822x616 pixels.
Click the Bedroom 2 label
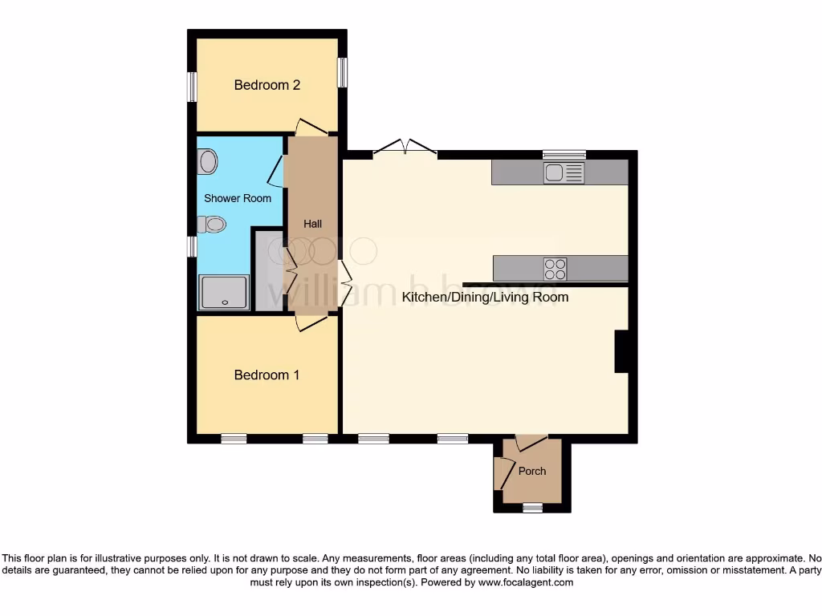(267, 85)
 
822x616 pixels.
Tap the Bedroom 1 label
(267, 375)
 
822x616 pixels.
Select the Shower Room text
(238, 198)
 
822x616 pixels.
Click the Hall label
(312, 224)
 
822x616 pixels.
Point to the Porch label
(532, 471)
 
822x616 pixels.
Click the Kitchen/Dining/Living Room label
(485, 298)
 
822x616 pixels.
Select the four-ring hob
(555, 268)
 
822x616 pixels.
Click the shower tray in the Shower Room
(224, 292)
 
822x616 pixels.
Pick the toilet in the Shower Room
(212, 225)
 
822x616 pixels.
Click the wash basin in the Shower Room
(208, 162)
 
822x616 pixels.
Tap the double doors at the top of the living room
(405, 148)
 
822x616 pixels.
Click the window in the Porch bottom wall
(532, 508)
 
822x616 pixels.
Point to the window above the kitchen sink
(564, 155)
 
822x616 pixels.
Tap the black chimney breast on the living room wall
(621, 351)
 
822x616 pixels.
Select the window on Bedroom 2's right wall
(342, 72)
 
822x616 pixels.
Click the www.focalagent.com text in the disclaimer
(525, 583)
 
